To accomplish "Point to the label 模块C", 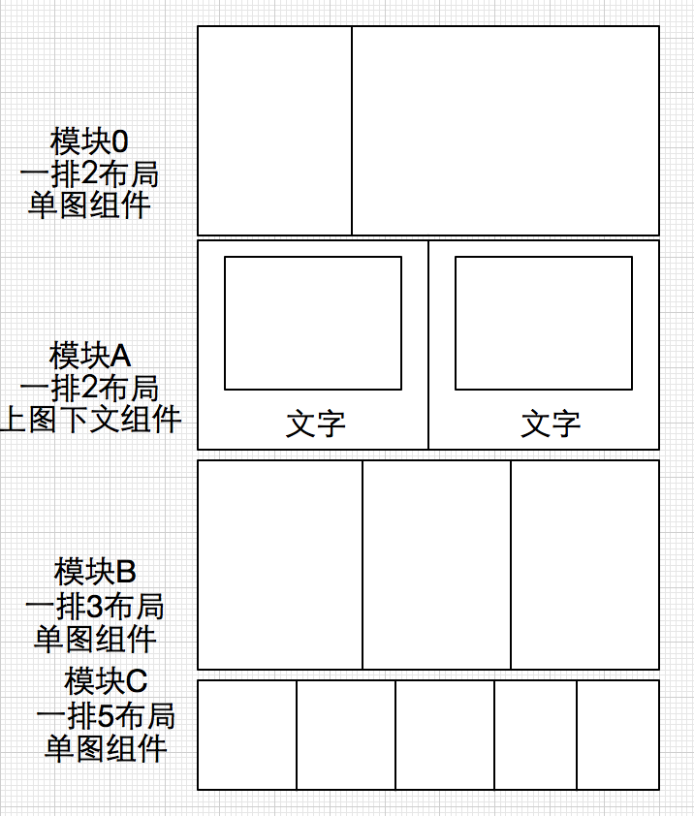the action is tap(106, 682).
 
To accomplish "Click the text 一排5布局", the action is tap(106, 716).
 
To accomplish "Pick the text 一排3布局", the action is tap(94, 607).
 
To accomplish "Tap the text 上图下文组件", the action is tap(91, 421).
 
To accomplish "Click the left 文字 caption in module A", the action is tap(315, 424).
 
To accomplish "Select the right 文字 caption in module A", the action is tap(551, 424).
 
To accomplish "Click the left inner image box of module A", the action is tap(312, 323).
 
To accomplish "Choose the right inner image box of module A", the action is tap(543, 323).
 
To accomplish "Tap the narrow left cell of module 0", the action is tap(274, 131).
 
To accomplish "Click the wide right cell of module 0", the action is tap(505, 131).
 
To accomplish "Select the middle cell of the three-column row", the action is tap(436, 565).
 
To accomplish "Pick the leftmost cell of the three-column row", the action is tap(280, 565).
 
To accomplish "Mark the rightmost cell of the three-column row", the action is tap(584, 565).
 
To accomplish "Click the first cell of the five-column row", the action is tap(247, 735).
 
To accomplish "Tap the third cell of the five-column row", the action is tap(445, 735).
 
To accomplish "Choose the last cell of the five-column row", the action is tap(617, 735).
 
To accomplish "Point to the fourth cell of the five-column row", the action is tap(535, 735).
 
